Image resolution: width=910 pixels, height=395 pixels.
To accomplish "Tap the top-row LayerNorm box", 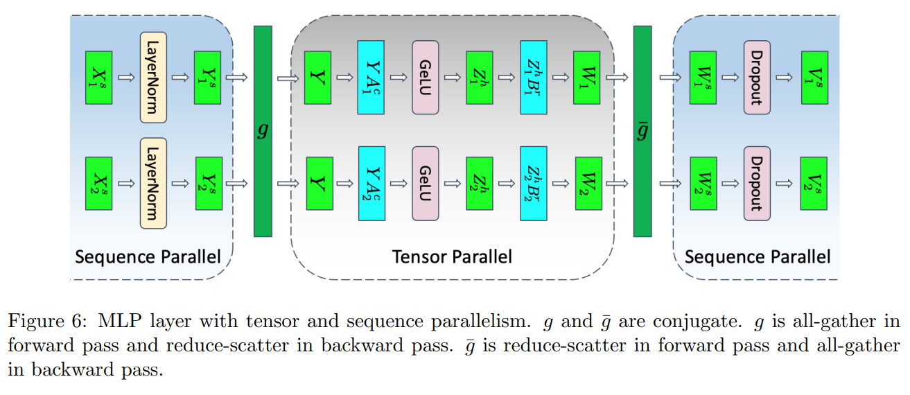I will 153,77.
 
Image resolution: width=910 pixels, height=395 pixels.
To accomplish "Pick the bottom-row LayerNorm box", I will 153,183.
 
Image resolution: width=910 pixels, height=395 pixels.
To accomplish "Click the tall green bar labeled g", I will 263,131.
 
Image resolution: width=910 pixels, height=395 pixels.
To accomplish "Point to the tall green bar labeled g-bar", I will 642,131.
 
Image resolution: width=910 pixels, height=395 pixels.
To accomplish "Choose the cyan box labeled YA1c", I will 371,77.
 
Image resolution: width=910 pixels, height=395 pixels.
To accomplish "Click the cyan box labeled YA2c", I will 371,183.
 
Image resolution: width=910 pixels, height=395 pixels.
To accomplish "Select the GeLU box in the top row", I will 426,77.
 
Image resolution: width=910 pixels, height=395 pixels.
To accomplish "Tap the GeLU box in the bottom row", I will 426,183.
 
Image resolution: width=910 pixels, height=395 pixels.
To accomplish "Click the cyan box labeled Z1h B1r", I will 534,77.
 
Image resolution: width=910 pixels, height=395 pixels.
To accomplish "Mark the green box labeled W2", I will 588,183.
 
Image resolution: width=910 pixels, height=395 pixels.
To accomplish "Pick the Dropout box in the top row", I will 757,77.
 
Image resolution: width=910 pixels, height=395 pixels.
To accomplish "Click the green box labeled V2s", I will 813,183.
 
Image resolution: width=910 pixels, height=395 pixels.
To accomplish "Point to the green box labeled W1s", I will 703,77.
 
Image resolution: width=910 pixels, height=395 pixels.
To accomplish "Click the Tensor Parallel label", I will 452,257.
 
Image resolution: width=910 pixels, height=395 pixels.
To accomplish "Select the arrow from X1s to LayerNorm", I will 125,77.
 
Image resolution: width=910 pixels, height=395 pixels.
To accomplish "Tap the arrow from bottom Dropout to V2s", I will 785,183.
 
